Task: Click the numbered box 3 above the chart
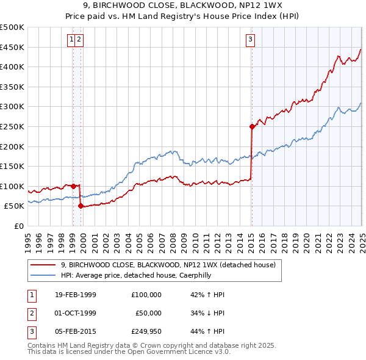(x=251, y=40)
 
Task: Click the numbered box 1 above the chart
(x=72, y=40)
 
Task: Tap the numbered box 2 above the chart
(x=80, y=40)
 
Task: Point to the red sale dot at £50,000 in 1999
(x=81, y=206)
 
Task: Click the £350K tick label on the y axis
(x=12, y=87)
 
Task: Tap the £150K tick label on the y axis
(x=12, y=166)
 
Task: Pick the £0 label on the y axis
(x=18, y=226)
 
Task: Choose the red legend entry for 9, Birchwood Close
(x=168, y=265)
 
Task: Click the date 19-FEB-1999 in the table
(x=76, y=295)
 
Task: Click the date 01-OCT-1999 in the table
(x=76, y=312)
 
